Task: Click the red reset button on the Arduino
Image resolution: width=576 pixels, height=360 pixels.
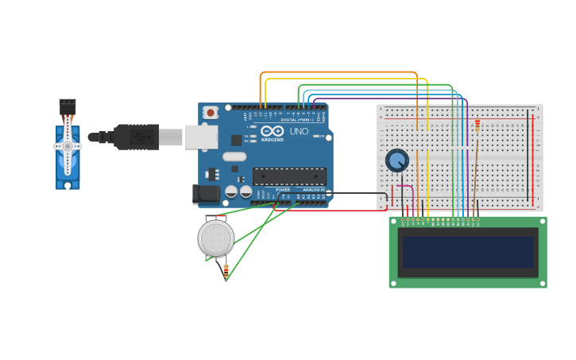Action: pyautogui.click(x=211, y=113)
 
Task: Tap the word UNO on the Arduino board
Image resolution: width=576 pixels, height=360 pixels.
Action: pyautogui.click(x=299, y=131)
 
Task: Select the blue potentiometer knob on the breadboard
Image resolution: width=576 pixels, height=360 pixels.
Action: pyautogui.click(x=396, y=161)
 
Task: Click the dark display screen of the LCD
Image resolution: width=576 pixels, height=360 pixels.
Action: pyautogui.click(x=468, y=252)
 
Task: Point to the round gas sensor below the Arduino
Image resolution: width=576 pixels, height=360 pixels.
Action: pyautogui.click(x=215, y=238)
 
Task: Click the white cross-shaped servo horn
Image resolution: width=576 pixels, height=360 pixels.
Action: pyautogui.click(x=68, y=146)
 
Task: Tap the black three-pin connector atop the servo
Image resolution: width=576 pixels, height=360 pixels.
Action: pyautogui.click(x=68, y=104)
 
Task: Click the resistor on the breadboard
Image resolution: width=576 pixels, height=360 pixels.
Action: pyautogui.click(x=477, y=125)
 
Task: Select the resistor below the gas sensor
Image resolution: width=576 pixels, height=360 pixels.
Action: pyautogui.click(x=226, y=271)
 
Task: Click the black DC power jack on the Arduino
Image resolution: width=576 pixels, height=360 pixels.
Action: pyautogui.click(x=207, y=193)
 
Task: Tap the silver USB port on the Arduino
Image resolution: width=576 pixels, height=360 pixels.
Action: pyautogui.click(x=201, y=137)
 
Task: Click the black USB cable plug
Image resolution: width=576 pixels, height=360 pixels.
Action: pyautogui.click(x=135, y=137)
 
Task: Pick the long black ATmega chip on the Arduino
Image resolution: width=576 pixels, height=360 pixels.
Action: pyautogui.click(x=289, y=176)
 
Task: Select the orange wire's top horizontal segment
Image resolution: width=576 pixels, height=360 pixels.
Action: pyautogui.click(x=338, y=72)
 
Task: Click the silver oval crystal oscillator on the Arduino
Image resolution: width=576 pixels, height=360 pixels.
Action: pyautogui.click(x=234, y=157)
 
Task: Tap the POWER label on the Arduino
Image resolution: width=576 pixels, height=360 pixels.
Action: pyautogui.click(x=283, y=190)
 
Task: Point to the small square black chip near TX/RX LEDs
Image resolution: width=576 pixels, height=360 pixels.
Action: pyautogui.click(x=236, y=140)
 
